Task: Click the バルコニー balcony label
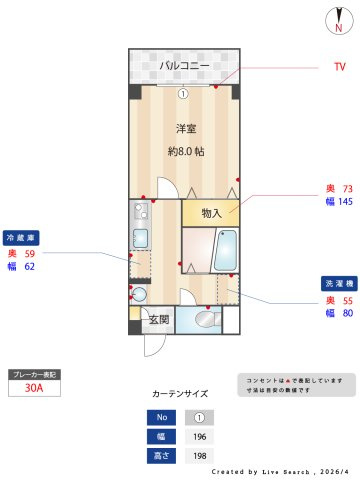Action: tap(184, 66)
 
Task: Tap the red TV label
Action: tap(339, 67)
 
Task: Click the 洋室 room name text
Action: tap(185, 128)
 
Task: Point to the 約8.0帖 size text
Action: tap(185, 152)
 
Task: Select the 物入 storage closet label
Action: tap(211, 213)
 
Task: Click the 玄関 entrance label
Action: tap(159, 320)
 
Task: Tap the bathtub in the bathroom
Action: tap(226, 250)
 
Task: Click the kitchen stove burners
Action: tap(140, 212)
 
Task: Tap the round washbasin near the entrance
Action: tap(139, 294)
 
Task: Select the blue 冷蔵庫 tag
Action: tap(22, 239)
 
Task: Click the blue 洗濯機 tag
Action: tap(335, 283)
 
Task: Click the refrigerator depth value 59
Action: tap(29, 254)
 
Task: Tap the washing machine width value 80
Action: tap(346, 314)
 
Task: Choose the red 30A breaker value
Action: tap(34, 390)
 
